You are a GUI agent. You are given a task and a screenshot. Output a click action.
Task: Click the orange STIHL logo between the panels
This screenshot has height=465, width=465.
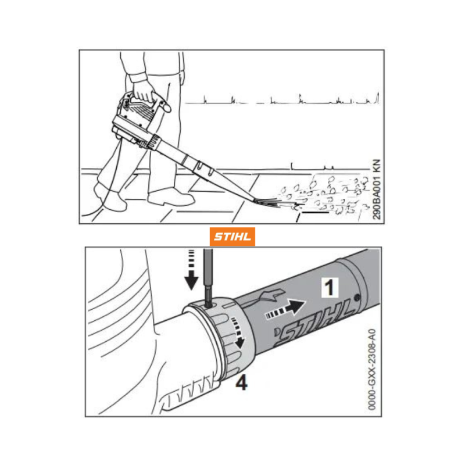coord(232,237)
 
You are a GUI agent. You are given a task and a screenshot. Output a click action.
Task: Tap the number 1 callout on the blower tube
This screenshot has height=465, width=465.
coord(330,287)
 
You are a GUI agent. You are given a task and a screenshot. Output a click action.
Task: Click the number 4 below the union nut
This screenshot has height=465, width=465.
coord(241,383)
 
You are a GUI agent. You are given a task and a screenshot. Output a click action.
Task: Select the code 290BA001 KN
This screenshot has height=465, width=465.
coord(376,189)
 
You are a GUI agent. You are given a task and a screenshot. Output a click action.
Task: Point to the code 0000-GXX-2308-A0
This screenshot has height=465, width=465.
coord(372,369)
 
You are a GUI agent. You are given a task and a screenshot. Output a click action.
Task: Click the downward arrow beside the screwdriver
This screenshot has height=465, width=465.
coord(191,270)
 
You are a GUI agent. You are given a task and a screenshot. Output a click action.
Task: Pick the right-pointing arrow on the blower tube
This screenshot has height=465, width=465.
coord(285,309)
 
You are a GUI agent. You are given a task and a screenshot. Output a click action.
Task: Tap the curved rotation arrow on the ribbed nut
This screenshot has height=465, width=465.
coord(238,332)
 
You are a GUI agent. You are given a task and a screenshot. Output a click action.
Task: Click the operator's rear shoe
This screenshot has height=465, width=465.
coord(109,197)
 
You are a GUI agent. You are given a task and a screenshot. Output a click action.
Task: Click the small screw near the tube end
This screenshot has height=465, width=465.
coord(357,296)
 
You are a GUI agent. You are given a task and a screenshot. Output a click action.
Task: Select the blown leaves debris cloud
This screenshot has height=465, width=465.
coord(323,194)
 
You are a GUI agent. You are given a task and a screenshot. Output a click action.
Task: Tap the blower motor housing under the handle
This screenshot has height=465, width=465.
coord(132,124)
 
